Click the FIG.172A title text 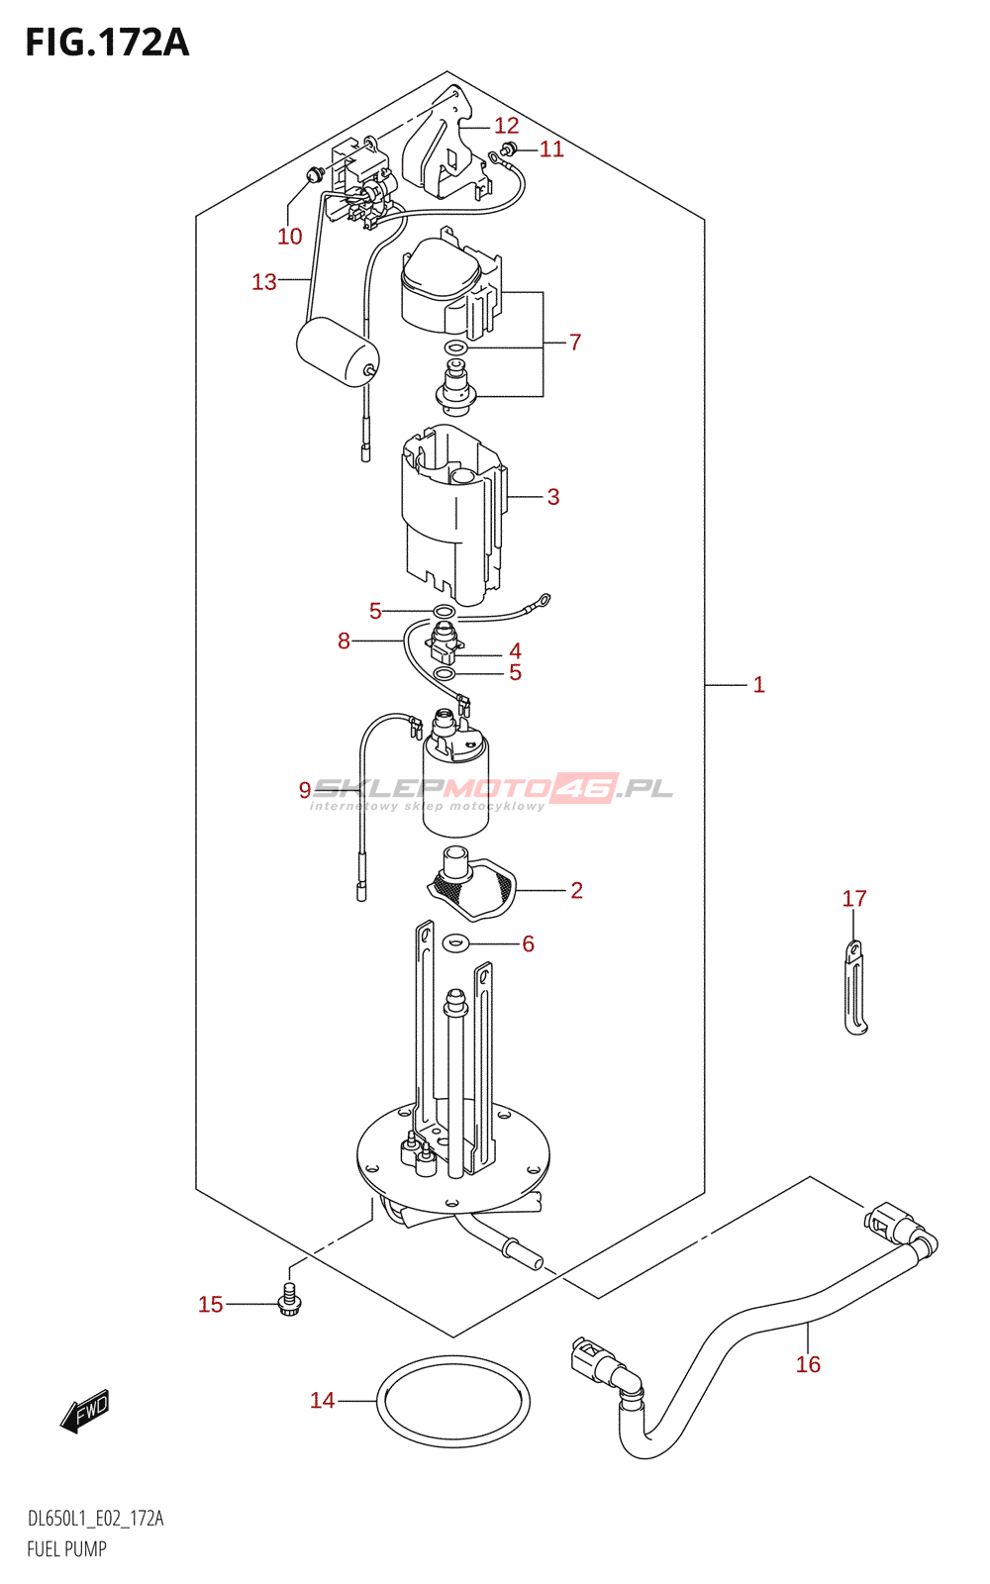point(108,43)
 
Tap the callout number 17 point(854,899)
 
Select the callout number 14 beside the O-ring point(323,1401)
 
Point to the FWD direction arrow point(85,1411)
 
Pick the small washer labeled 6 point(456,942)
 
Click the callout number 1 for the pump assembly point(758,684)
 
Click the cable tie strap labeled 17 point(855,987)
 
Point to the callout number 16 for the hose point(808,1364)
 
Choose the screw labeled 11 point(507,148)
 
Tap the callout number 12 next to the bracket point(506,126)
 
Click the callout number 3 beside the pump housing point(553,497)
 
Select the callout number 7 point(575,343)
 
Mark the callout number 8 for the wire point(344,642)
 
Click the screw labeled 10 point(315,173)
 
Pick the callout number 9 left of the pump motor point(305,790)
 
